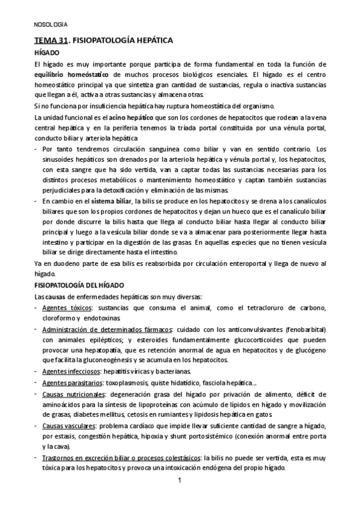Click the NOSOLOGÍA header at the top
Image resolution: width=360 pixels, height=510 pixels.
pos(50,25)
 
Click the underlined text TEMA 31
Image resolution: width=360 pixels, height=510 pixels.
pos(50,41)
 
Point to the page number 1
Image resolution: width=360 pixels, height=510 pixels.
pos(180,481)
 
